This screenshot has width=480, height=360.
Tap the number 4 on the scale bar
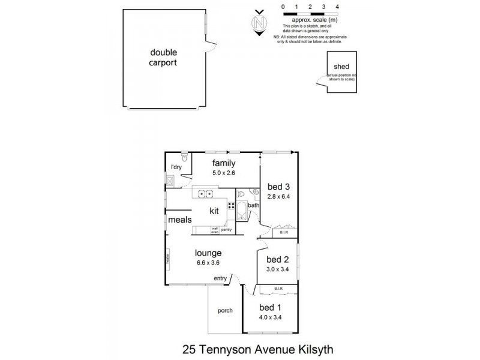[x=338, y=7]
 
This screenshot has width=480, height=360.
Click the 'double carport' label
[x=164, y=57]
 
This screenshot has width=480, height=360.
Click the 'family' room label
[x=224, y=163]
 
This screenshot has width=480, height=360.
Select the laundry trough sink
[x=171, y=179]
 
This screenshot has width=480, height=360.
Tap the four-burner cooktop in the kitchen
[x=231, y=209]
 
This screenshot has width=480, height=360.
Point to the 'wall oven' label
[x=214, y=230]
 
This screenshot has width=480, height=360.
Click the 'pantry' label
[x=226, y=230]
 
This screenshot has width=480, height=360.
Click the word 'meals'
[x=180, y=220]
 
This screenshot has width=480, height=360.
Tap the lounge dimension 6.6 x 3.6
[x=208, y=262]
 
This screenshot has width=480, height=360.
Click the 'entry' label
[x=220, y=278]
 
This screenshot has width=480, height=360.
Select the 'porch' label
[x=225, y=311]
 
